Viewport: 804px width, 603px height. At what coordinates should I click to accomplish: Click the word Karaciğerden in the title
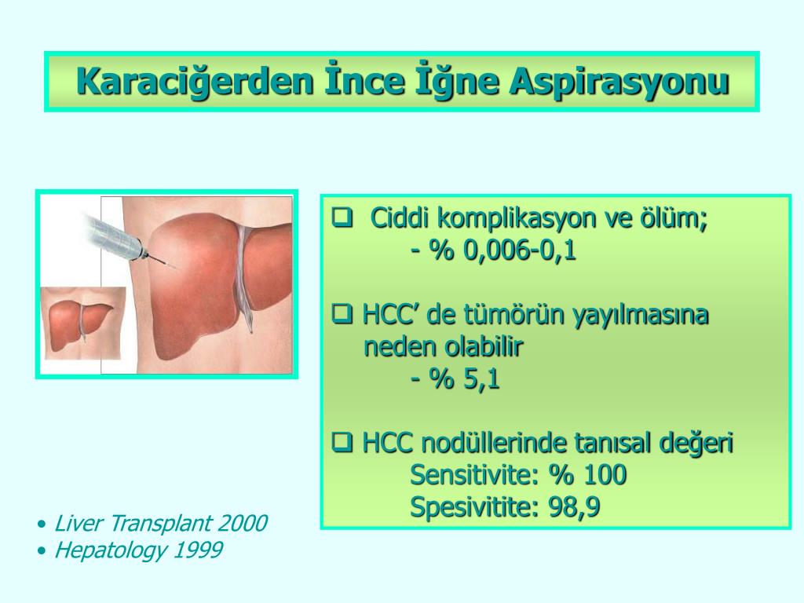click(195, 82)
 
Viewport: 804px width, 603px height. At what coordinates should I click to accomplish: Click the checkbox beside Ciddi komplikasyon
click(342, 217)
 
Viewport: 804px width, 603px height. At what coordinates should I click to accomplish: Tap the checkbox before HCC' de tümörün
click(342, 314)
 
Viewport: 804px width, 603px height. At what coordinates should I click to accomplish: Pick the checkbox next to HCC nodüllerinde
click(342, 441)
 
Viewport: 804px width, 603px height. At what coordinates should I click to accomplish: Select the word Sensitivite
click(470, 474)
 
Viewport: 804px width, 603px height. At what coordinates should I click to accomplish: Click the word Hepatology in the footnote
click(111, 550)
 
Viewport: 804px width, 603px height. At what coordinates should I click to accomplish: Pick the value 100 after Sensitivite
click(605, 474)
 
